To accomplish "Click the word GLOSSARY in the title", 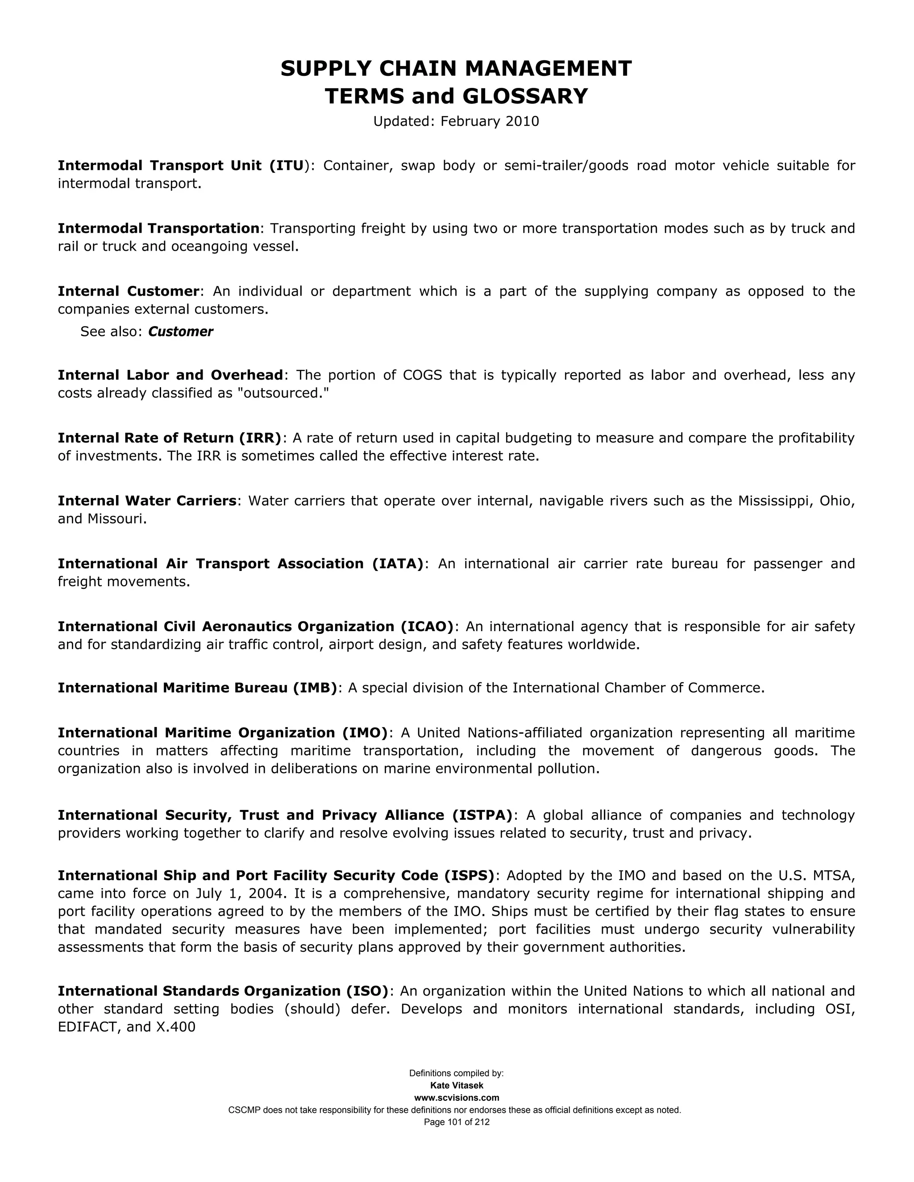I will coord(525,96).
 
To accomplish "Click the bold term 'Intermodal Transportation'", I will coord(158,228).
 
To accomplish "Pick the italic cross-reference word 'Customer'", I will coord(180,332).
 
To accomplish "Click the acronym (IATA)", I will coord(398,563).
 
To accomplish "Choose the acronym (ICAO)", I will coord(427,626).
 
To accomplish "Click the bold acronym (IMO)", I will coord(365,733).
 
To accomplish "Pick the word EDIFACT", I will coord(87,1027).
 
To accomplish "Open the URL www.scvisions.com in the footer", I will coord(457,1098).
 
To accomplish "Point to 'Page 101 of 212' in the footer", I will coord(457,1122).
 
